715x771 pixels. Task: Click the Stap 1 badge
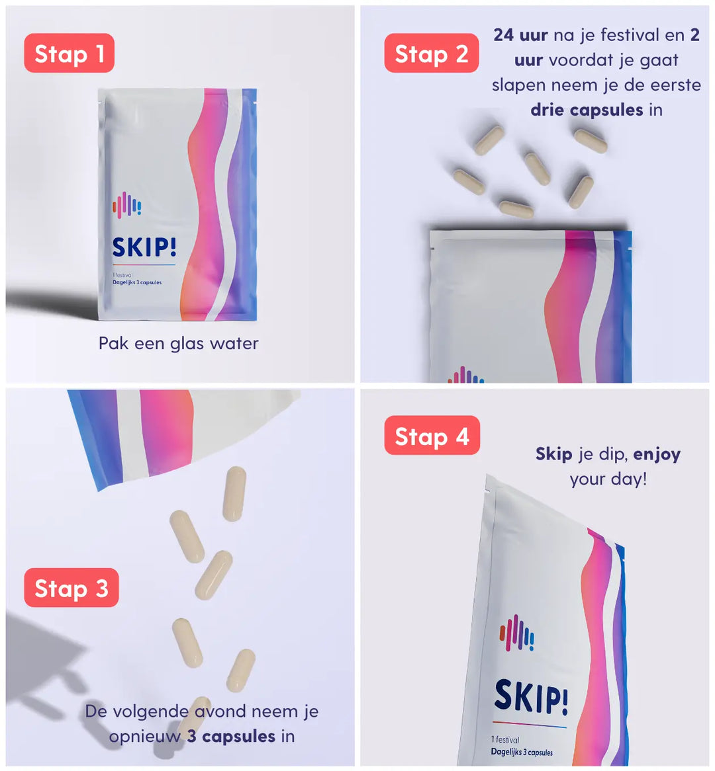tap(70, 53)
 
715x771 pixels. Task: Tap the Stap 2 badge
tap(432, 53)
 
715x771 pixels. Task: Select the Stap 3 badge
tap(71, 588)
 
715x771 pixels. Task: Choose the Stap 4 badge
tap(432, 435)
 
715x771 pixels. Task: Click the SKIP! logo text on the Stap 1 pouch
tap(144, 247)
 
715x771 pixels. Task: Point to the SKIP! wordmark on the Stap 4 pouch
tap(531, 697)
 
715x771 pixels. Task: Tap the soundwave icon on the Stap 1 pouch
tap(126, 204)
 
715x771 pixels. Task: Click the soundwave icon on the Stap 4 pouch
tap(516, 633)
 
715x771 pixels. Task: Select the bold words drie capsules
tap(587, 110)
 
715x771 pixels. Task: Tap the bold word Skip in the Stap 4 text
tap(554, 454)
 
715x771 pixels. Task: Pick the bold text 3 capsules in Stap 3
tap(231, 736)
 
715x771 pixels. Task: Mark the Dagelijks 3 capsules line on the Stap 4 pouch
tap(522, 752)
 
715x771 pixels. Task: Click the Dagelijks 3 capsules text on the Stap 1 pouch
tap(137, 282)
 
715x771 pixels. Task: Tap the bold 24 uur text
tap(520, 35)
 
